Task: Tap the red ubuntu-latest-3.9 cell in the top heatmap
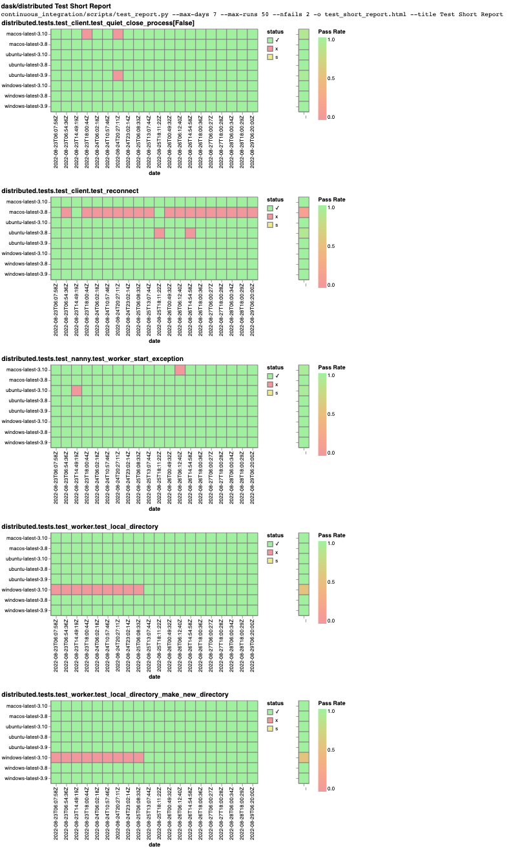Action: coord(118,75)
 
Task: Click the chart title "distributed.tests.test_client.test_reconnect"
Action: coord(70,190)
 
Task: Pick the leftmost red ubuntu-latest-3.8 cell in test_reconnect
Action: coord(160,232)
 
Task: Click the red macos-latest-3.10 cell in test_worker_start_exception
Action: coord(180,369)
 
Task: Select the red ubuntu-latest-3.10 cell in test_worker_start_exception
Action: coord(77,390)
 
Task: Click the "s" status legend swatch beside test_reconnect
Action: coord(271,225)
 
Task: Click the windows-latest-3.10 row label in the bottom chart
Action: coord(26,757)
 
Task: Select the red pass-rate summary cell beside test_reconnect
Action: coord(304,212)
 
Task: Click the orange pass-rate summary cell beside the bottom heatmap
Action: coord(304,757)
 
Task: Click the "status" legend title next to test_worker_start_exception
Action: coord(275,367)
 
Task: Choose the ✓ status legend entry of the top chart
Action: coord(271,39)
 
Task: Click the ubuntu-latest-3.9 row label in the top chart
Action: coord(26,75)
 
